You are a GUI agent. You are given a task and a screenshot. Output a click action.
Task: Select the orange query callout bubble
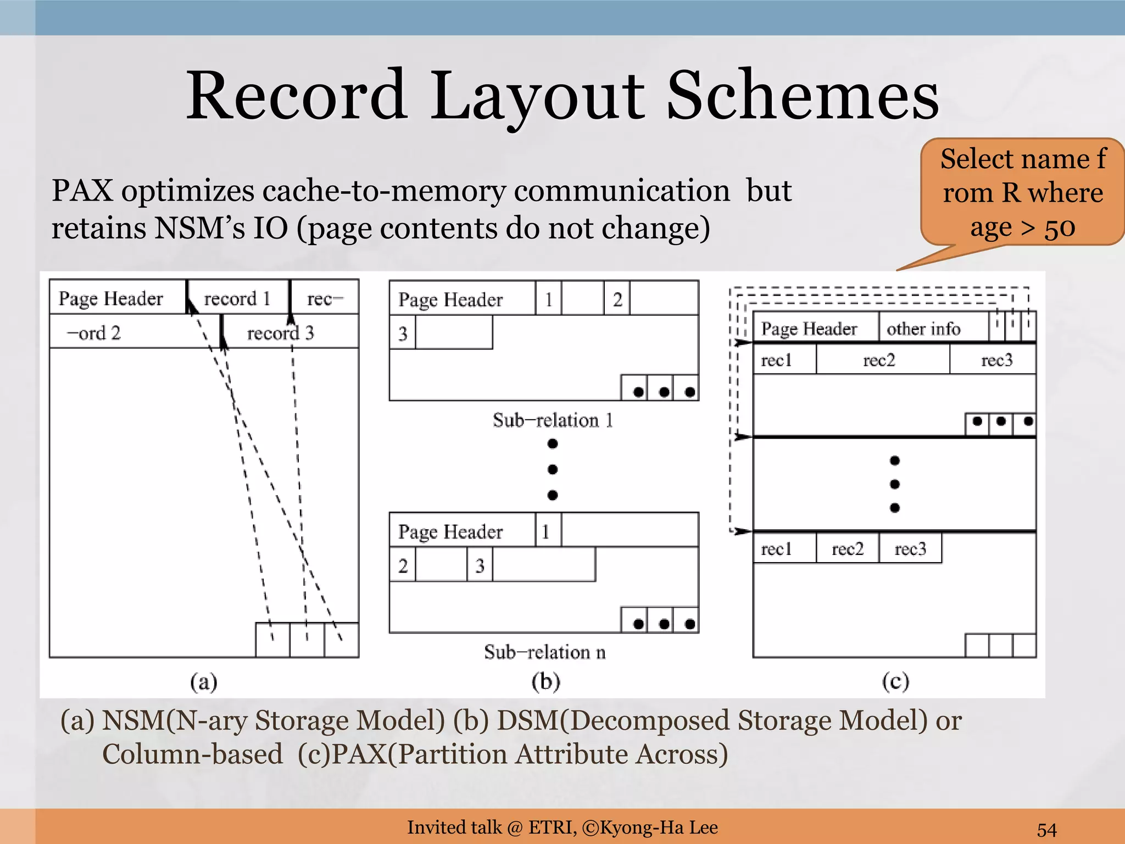[1022, 192]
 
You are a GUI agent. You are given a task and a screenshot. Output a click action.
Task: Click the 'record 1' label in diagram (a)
[237, 298]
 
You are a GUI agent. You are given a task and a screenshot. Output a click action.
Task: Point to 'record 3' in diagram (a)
[280, 332]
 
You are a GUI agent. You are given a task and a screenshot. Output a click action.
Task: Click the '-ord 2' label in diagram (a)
[93, 333]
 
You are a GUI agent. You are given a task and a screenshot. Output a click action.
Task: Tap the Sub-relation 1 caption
[553, 420]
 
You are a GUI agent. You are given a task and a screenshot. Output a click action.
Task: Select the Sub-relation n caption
[545, 652]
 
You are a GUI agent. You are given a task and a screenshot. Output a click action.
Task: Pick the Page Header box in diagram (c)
[809, 329]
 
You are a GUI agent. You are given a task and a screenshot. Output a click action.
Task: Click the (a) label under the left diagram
[204, 682]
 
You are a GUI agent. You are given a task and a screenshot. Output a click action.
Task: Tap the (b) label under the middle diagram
[545, 681]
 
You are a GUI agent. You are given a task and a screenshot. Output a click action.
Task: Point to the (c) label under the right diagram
[895, 681]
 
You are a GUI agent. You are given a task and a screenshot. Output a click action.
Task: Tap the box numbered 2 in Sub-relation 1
[617, 299]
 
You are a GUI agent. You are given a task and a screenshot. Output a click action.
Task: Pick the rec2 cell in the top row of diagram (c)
[879, 360]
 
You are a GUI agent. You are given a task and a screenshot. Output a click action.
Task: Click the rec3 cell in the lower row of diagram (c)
[910, 549]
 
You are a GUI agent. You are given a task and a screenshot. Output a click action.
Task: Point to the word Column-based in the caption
[192, 754]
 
